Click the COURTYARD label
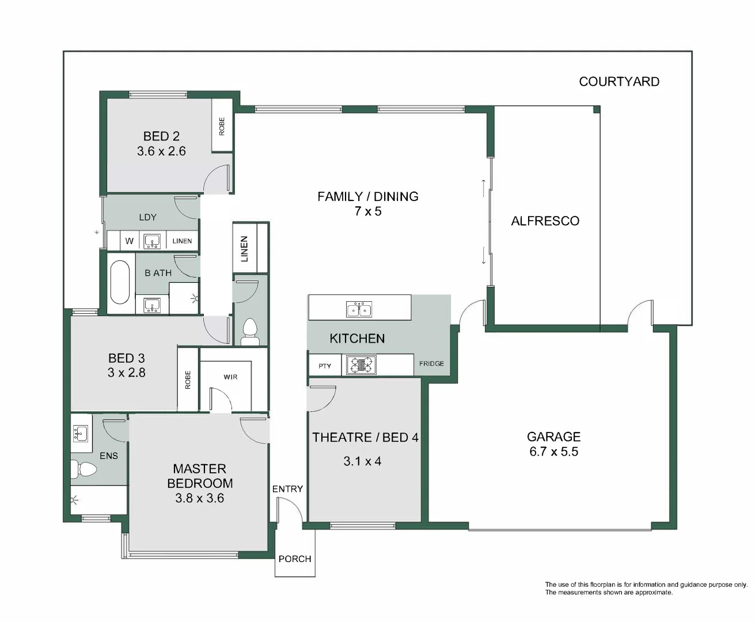[619, 82]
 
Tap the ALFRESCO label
[545, 221]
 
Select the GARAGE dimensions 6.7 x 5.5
[553, 452]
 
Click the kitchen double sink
[359, 309]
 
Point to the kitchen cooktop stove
[360, 365]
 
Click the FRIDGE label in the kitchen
[431, 363]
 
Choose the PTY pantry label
[325, 366]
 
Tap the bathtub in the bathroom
[120, 282]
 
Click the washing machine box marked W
[130, 241]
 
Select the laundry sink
[152, 241]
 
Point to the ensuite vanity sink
[81, 433]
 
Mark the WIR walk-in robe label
[230, 377]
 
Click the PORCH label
[295, 559]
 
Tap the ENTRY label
[287, 489]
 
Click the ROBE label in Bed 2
[222, 126]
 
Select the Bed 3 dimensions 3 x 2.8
[126, 373]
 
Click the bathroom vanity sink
[152, 305]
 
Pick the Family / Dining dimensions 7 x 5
[368, 211]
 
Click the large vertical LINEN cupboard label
[244, 248]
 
